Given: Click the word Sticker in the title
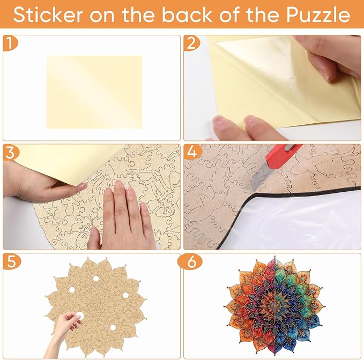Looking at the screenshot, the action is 48,14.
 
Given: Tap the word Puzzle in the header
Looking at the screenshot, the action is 318,14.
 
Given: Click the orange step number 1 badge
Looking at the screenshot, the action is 10,43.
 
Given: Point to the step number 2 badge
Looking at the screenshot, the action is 191,43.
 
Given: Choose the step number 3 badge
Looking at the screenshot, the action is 11,152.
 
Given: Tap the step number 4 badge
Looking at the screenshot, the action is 192,152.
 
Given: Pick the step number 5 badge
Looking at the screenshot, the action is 12,261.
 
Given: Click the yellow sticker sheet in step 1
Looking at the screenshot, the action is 94,92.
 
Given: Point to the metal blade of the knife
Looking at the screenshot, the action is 262,177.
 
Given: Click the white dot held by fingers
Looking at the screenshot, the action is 80,316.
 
